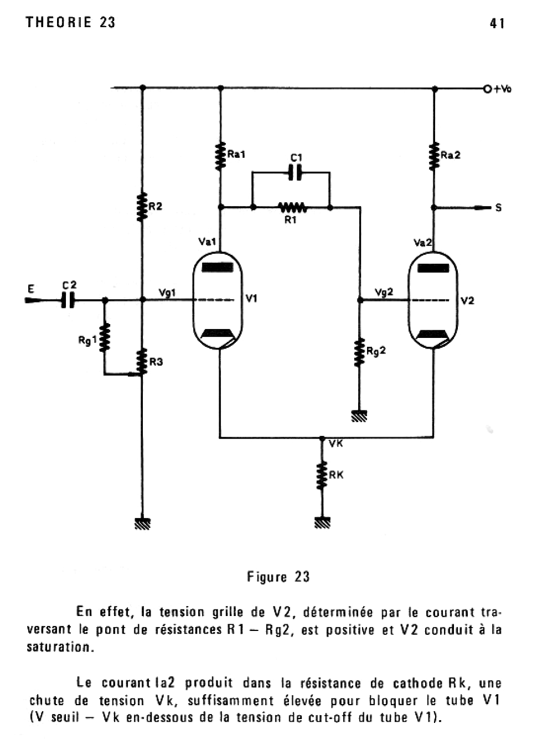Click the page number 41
[x=497, y=23]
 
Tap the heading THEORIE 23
[x=70, y=22]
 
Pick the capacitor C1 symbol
[x=296, y=173]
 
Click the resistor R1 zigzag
[x=292, y=208]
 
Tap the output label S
[x=498, y=208]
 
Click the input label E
[x=31, y=289]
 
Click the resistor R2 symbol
[x=143, y=206]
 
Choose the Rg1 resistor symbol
[x=104, y=338]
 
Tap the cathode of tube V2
[x=433, y=334]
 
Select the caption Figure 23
[x=278, y=577]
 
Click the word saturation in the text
[x=59, y=646]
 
